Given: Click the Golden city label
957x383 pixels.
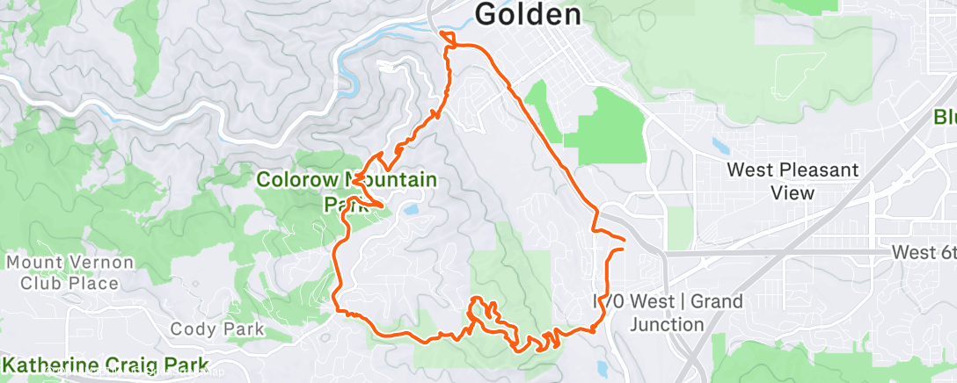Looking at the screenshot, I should [x=529, y=14].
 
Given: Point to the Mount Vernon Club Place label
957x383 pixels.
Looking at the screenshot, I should [x=70, y=272].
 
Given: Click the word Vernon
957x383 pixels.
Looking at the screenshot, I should [x=101, y=263].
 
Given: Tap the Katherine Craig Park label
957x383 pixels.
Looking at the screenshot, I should [x=106, y=365].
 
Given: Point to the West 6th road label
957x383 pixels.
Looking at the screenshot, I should [x=924, y=252].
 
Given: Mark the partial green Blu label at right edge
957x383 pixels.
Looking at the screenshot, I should [x=945, y=117].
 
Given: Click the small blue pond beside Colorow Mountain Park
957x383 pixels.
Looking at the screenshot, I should [x=411, y=210].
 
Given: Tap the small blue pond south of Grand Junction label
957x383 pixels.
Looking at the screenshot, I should [x=602, y=366].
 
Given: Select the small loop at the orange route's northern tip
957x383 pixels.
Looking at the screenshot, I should [x=448, y=38].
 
